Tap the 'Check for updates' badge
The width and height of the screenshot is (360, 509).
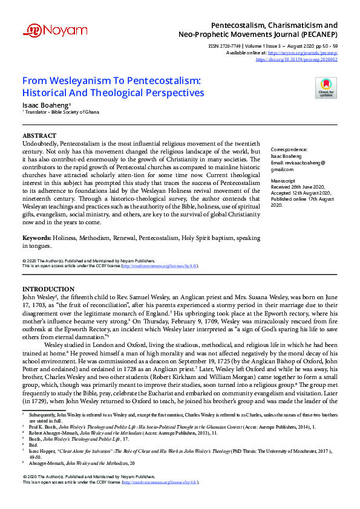coord(326,88)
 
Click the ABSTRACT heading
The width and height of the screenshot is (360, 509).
coord(39,135)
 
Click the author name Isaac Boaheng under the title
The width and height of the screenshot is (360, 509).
coord(41,105)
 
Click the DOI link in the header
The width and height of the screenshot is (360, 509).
coord(296,60)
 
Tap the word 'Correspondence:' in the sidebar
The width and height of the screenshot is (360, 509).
coord(289,149)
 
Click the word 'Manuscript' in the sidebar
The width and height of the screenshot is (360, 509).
coord(283,181)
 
